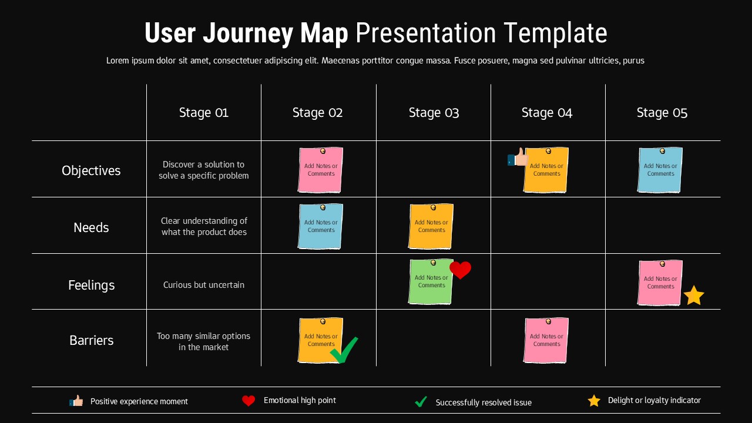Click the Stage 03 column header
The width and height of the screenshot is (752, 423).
pyautogui.click(x=434, y=113)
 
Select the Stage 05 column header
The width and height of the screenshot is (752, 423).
pyautogui.click(x=662, y=113)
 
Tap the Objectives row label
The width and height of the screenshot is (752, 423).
pyautogui.click(x=91, y=170)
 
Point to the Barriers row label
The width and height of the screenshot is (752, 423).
pyautogui.click(x=91, y=340)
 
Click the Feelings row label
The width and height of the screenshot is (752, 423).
pyautogui.click(x=91, y=285)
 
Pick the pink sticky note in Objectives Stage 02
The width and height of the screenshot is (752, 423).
pyautogui.click(x=320, y=170)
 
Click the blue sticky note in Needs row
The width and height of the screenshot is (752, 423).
pyautogui.click(x=320, y=227)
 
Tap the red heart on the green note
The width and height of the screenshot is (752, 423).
pyautogui.click(x=460, y=270)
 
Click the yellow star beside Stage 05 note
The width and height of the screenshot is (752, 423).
pyautogui.click(x=694, y=296)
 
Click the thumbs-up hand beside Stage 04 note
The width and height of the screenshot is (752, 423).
pyautogui.click(x=517, y=158)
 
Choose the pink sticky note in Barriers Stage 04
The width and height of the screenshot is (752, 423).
pyautogui.click(x=546, y=341)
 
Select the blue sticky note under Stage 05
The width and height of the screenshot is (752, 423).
pyautogui.click(x=660, y=170)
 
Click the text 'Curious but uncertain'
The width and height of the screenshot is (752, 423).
pyautogui.click(x=203, y=285)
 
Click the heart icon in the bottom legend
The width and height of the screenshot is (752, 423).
pyautogui.click(x=249, y=401)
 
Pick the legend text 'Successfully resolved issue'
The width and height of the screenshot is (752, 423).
pyautogui.click(x=484, y=402)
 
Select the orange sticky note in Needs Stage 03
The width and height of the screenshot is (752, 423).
pyautogui.click(x=431, y=227)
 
